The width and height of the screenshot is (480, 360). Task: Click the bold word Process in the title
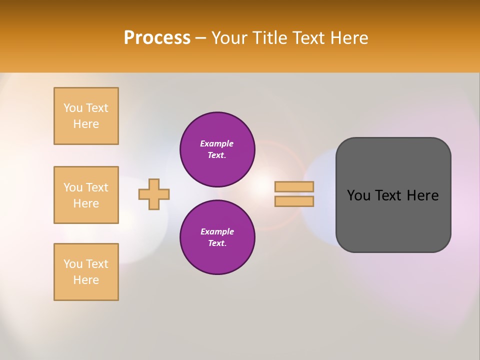click(x=157, y=38)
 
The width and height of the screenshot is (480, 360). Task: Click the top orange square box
click(x=86, y=116)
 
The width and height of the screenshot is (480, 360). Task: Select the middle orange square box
click(x=86, y=195)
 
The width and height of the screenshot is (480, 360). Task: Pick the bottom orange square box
click(x=86, y=272)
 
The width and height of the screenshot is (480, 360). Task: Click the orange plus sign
click(x=154, y=194)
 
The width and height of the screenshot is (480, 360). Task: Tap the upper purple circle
click(x=217, y=149)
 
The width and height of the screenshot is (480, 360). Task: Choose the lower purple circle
click(x=217, y=237)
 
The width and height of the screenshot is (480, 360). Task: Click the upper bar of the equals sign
click(x=294, y=186)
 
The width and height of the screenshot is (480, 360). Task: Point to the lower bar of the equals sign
click(x=294, y=201)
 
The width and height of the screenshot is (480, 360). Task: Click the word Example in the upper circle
click(x=217, y=143)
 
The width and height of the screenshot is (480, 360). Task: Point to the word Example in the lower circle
click(x=217, y=231)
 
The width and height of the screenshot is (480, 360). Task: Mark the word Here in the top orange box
click(x=86, y=124)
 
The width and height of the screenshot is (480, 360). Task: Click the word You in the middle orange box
click(x=73, y=187)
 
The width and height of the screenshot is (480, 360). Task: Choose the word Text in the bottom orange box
click(x=97, y=264)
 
